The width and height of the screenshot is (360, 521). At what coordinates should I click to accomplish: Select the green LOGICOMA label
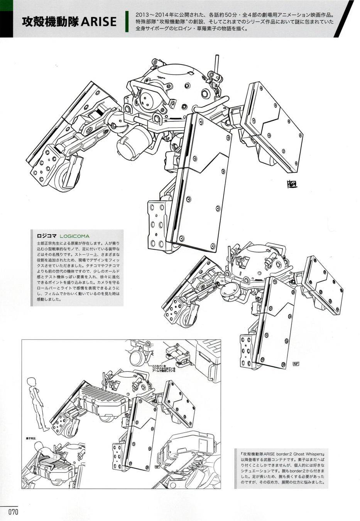75,236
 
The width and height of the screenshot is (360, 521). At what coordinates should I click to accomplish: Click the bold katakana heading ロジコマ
46,236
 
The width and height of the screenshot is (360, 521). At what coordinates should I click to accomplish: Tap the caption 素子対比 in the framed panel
29,439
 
